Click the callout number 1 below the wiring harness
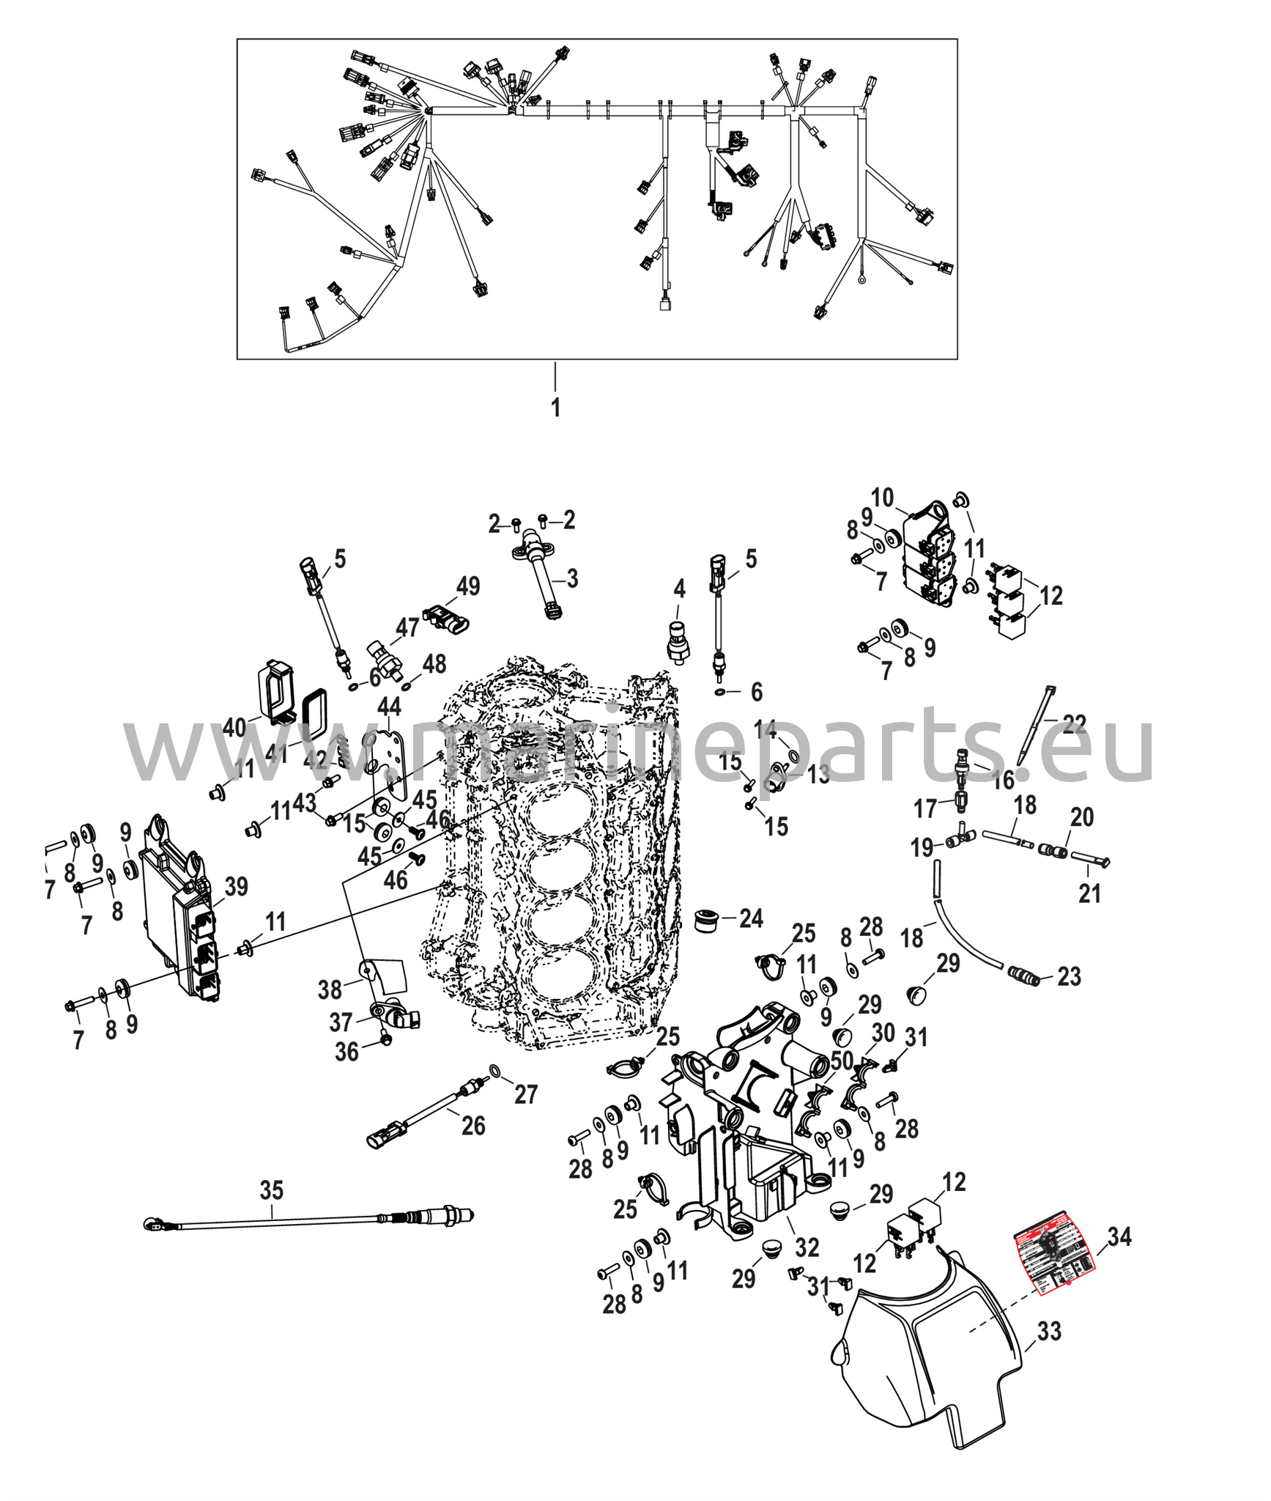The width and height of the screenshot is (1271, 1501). tap(555, 407)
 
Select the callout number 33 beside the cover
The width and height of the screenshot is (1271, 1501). tap(1049, 1330)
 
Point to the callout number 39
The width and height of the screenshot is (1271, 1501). tap(236, 887)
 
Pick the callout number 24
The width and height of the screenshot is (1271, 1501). tap(751, 918)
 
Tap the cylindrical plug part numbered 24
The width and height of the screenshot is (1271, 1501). tap(707, 921)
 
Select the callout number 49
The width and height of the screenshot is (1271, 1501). tap(468, 586)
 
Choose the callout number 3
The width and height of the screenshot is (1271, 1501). tap(571, 578)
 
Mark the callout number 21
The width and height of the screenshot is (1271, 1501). tap(1089, 893)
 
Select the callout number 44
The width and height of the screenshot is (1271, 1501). tap(389, 707)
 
